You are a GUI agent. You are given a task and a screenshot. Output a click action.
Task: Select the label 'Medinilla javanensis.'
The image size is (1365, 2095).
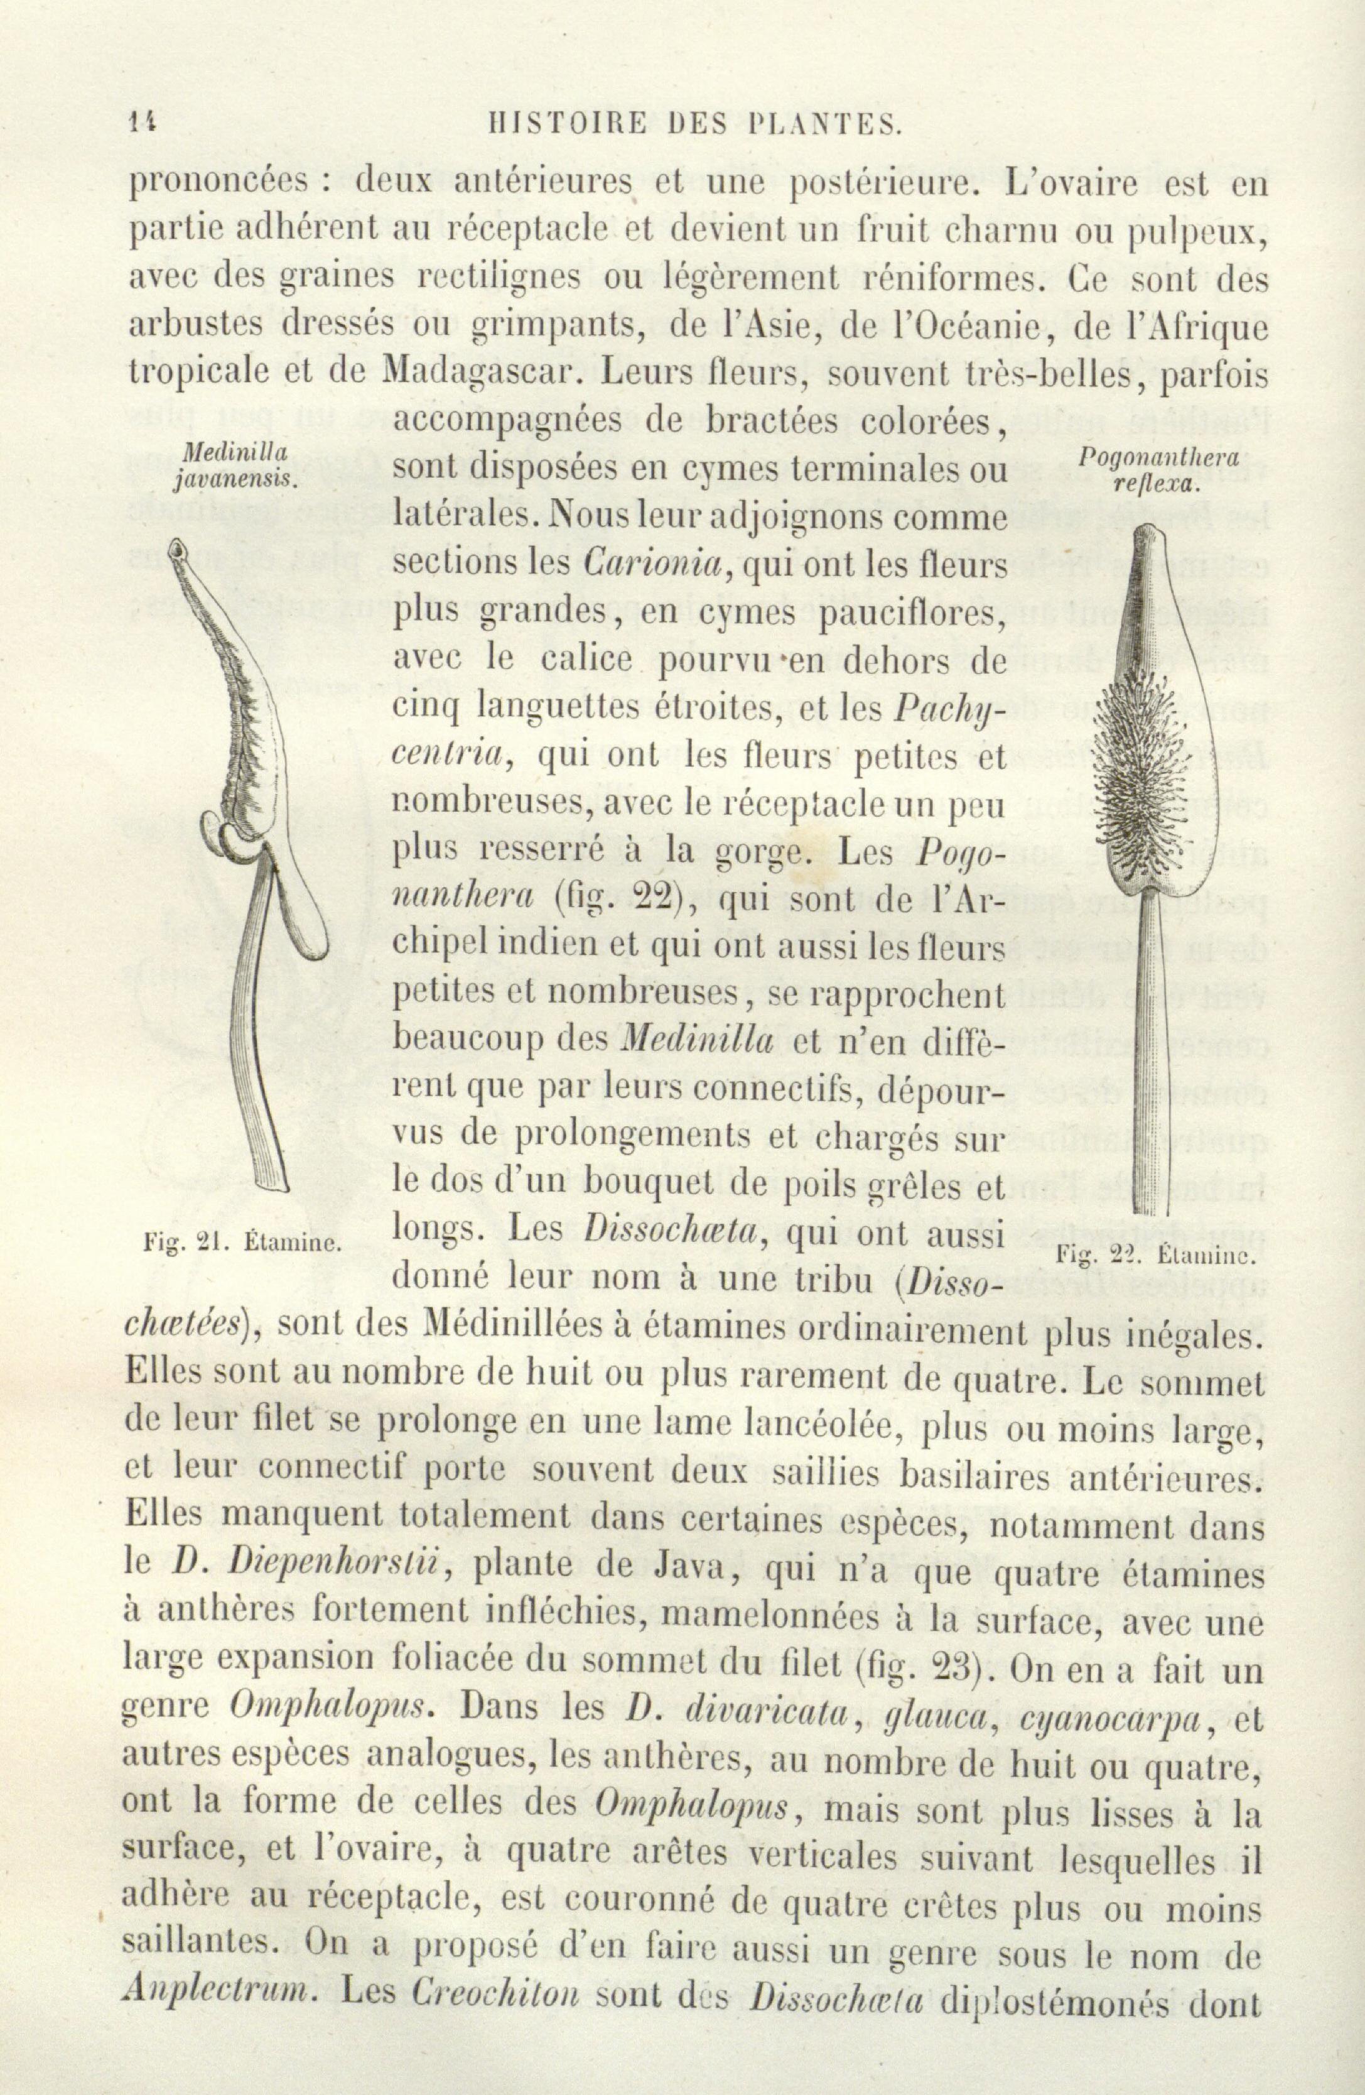(236, 467)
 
